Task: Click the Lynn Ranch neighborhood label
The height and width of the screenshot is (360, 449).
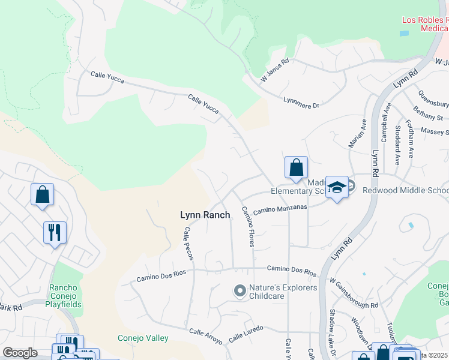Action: (205, 214)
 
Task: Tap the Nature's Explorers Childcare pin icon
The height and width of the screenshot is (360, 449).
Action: (240, 292)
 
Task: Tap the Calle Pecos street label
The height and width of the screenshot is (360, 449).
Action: (189, 243)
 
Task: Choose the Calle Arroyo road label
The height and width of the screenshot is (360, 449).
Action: (206, 335)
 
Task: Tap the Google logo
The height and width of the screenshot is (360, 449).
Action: (20, 353)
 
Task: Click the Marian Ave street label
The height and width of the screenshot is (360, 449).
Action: (358, 133)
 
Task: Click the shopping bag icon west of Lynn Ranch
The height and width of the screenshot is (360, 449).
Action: (42, 194)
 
